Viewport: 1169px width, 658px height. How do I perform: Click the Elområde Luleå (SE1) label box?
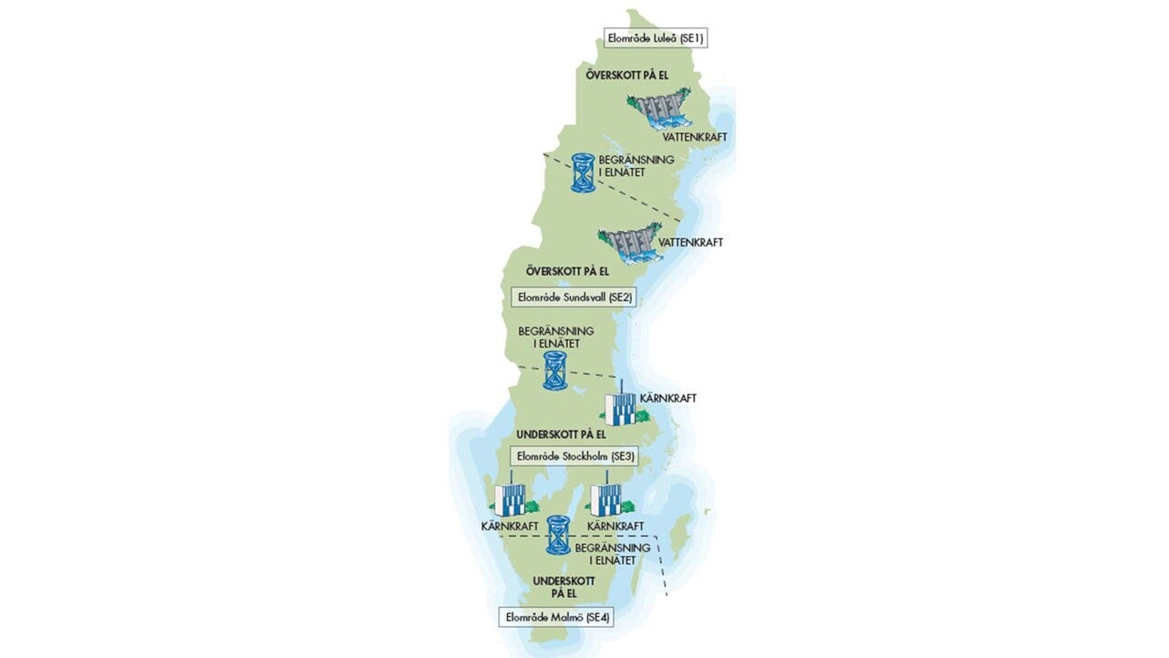[656, 38]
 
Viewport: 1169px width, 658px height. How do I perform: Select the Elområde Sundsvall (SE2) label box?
[574, 297]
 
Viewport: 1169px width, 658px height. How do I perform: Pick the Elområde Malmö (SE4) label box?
[556, 617]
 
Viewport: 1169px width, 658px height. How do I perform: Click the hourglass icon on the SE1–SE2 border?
[583, 172]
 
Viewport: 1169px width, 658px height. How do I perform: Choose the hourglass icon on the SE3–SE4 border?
[558, 535]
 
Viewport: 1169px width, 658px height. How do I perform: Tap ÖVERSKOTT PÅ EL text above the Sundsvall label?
[567, 271]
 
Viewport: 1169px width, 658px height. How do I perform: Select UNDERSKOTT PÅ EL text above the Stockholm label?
[561, 434]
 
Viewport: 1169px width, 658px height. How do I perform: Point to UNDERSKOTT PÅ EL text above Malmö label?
[564, 587]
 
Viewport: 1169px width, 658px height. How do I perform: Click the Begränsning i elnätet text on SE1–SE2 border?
[636, 166]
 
